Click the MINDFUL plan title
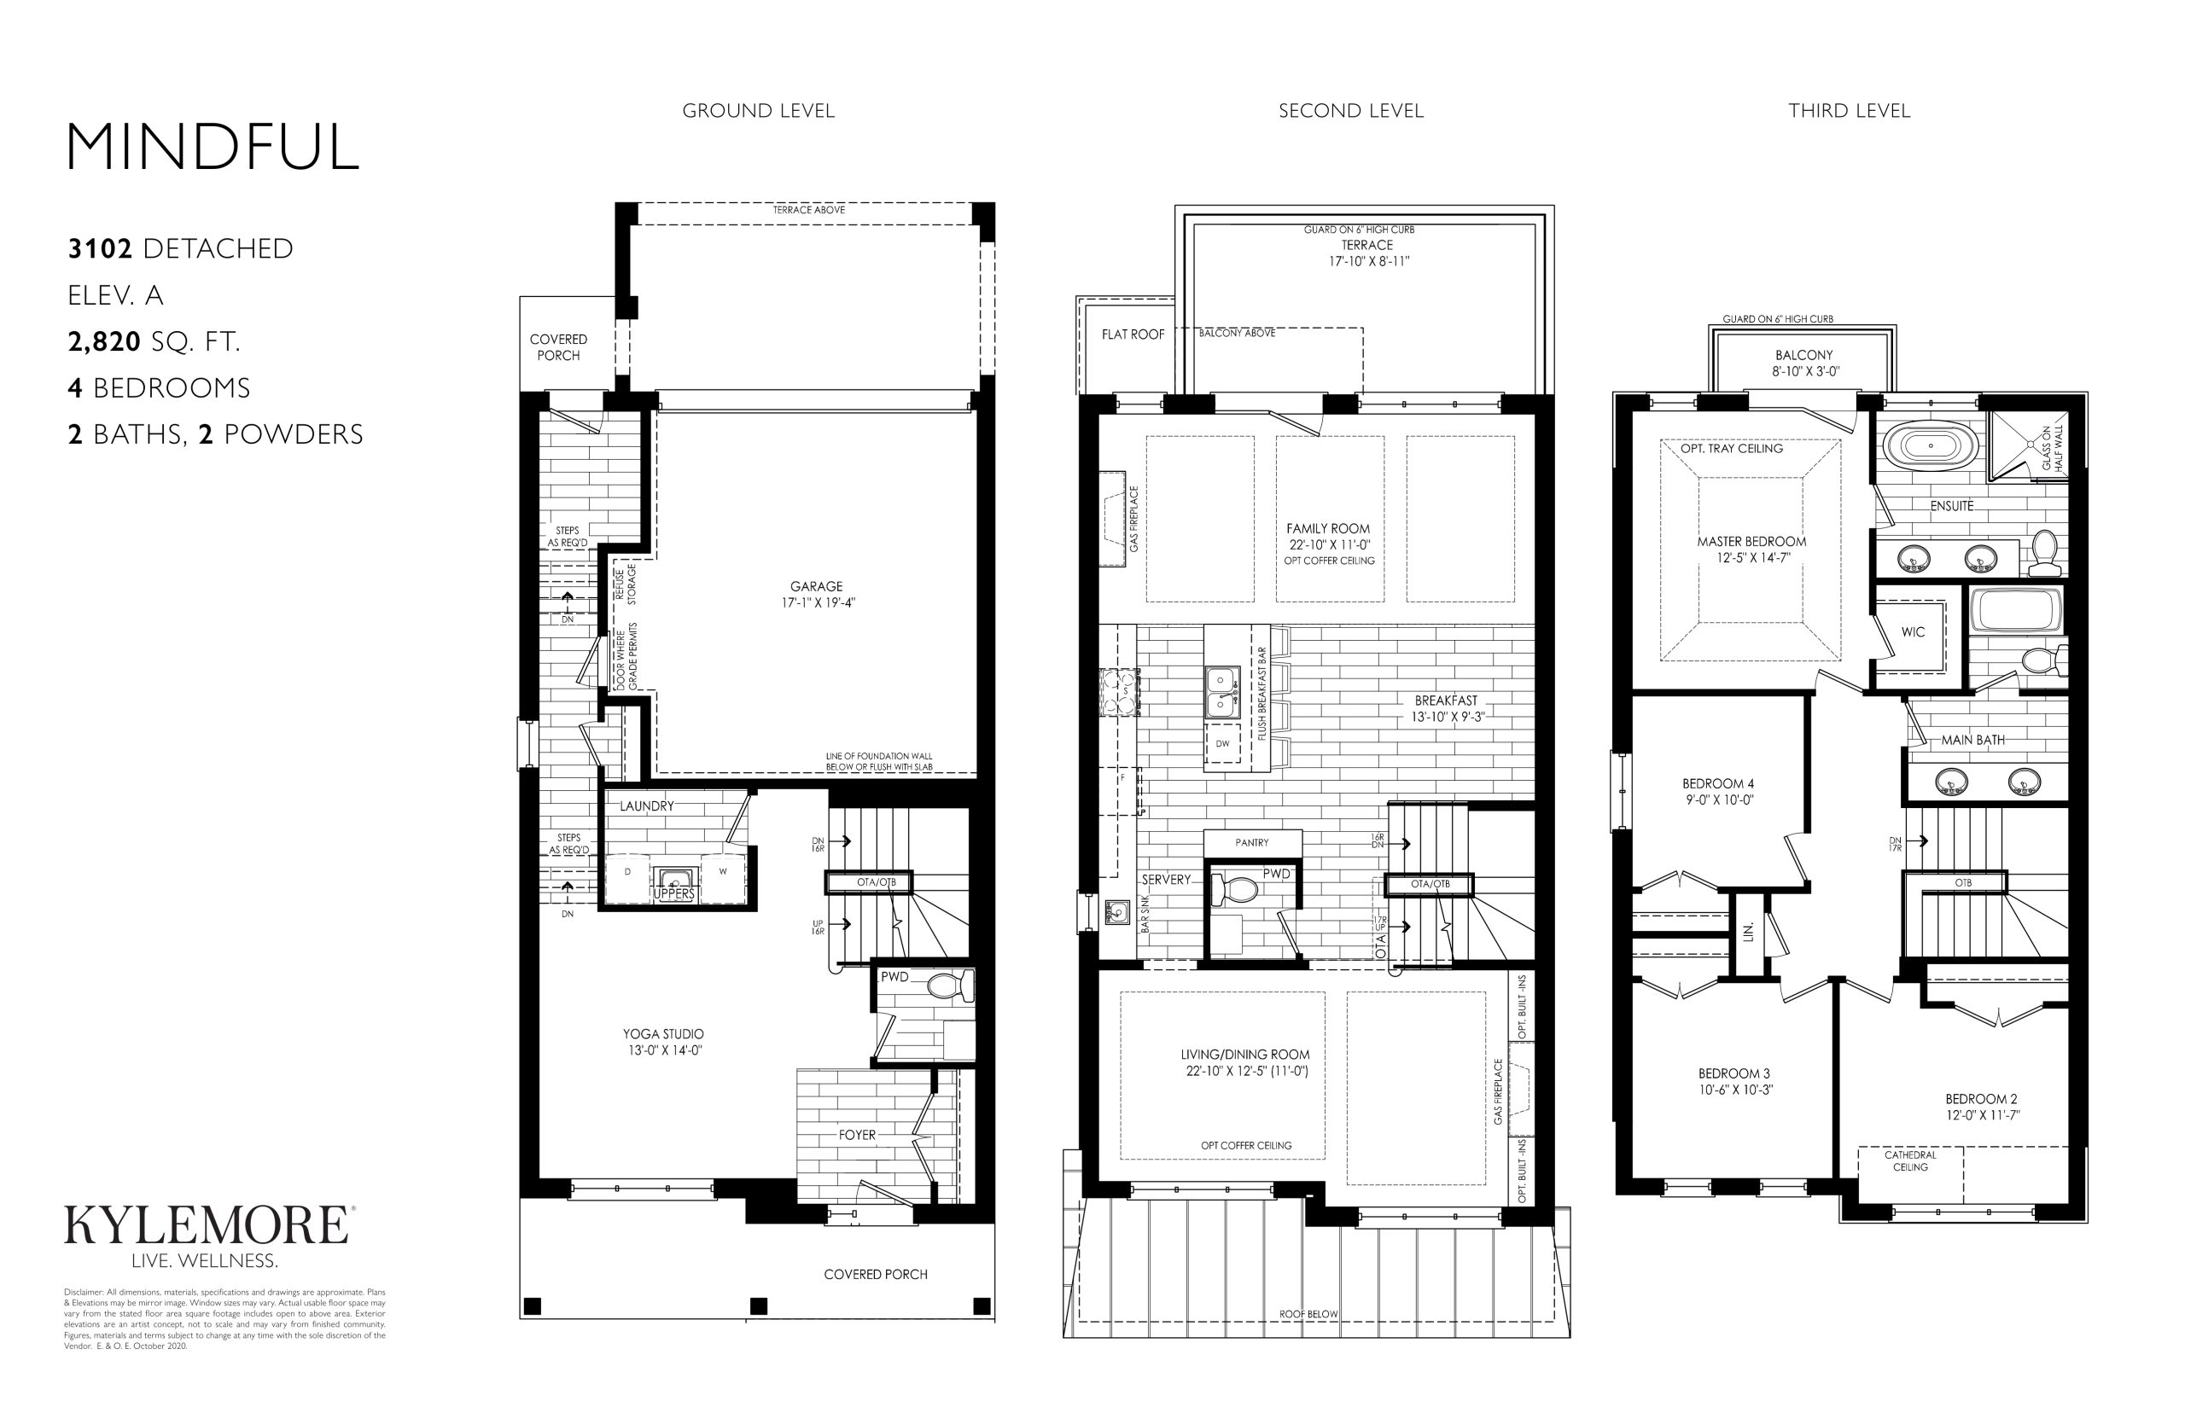[212, 147]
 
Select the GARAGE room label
[816, 586]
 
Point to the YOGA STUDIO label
[663, 1034]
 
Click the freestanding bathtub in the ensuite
[1930, 446]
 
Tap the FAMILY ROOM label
[1328, 528]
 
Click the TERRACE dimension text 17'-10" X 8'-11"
[1369, 261]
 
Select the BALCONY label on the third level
[1803, 355]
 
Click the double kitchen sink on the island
[1221, 692]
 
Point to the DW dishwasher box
[1222, 744]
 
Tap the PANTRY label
[1252, 842]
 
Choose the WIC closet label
[1914, 632]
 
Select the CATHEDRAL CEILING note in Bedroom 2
[1911, 1160]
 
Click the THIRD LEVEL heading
[1849, 111]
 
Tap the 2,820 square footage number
[103, 341]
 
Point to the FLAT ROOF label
[1133, 334]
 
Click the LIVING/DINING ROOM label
[1244, 1055]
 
